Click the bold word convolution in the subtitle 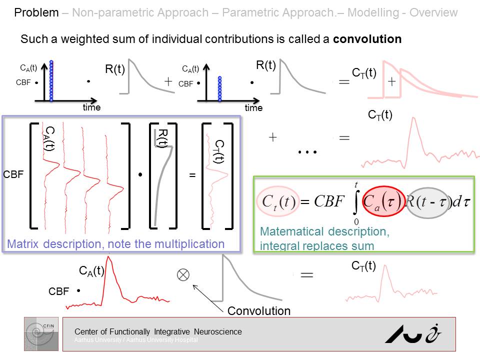pos(367,38)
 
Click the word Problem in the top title pos(36,12)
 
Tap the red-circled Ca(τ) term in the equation pos(383,201)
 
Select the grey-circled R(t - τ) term pos(428,202)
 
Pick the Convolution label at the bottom pos(258,311)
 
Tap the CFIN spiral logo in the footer pos(41,333)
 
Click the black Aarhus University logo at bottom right pos(413,332)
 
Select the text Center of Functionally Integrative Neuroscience pos(158,331)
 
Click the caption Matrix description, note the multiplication pos(116,244)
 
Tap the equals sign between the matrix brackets pos(192,176)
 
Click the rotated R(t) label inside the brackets pos(161,138)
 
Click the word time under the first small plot pos(91,107)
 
